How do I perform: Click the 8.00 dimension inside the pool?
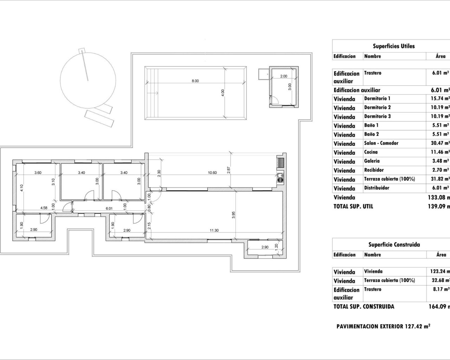tap(195, 81)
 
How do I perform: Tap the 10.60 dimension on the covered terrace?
tap(212, 173)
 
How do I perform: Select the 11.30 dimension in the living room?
tap(214, 231)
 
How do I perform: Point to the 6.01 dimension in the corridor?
tap(109, 208)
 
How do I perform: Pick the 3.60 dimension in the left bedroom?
tap(38, 173)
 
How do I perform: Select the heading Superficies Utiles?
tap(394, 46)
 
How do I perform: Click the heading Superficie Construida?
tap(394, 245)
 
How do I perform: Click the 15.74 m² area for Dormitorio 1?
tap(441, 99)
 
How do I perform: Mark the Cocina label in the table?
tap(371, 152)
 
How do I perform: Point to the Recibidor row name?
tap(374, 170)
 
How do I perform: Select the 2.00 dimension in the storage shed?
tap(283, 76)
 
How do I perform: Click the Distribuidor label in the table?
tap(377, 188)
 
